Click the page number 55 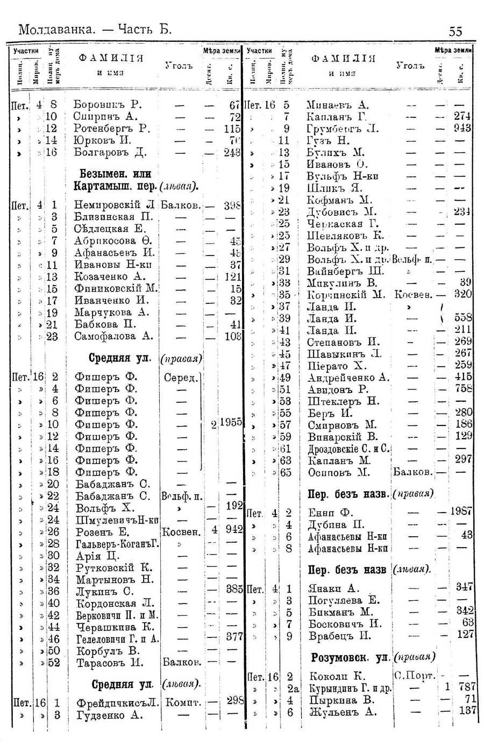[x=455, y=32]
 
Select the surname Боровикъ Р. [x=107, y=105]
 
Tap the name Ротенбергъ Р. [x=111, y=129]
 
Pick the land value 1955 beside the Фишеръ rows [x=230, y=423]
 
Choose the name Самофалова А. [x=113, y=336]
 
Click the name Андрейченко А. [x=348, y=378]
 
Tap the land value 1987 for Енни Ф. [x=461, y=512]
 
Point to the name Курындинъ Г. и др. [x=350, y=688]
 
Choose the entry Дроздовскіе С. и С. [x=348, y=449]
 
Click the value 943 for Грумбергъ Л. [x=462, y=129]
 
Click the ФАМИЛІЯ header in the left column [x=111, y=58]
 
